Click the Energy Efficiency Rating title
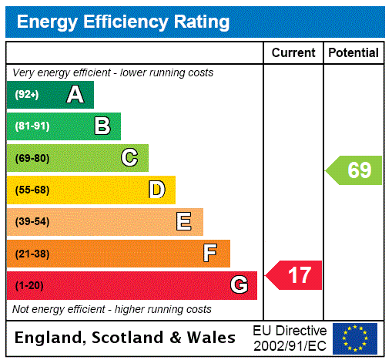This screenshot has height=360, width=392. tap(123, 22)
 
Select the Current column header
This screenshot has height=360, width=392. tap(293, 53)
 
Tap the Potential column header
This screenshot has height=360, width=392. tap(353, 53)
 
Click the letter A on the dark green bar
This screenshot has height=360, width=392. tap(75, 95)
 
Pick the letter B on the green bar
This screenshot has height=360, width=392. tap(102, 126)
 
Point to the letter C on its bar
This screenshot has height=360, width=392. tap(129, 158)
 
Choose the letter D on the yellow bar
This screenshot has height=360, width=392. tap(156, 190)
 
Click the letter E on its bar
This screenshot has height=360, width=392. tap(184, 222)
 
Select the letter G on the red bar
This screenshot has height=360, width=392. tap(239, 285)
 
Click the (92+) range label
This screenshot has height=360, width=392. tap(26, 95)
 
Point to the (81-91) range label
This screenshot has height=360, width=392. tap(31, 126)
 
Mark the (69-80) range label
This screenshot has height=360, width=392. tap(32, 158)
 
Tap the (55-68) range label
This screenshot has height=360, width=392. tap(32, 190)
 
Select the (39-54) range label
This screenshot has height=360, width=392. tap(32, 222)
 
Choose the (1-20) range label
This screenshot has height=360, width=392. tap(29, 286)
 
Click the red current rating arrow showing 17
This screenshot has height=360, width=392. tap(295, 275)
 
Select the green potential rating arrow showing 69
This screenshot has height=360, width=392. tap(355, 170)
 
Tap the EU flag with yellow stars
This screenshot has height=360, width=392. tap(355, 338)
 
